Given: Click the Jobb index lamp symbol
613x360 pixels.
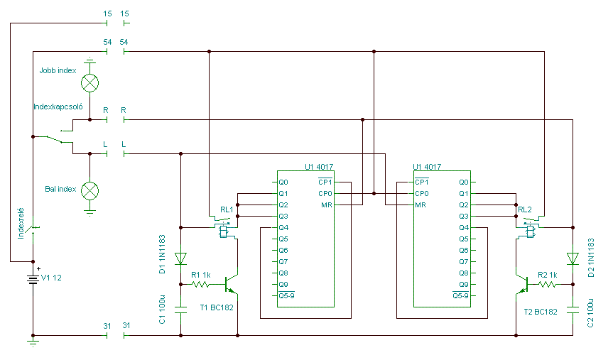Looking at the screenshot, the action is point(89,83).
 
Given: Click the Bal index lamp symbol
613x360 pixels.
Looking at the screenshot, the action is point(89,191).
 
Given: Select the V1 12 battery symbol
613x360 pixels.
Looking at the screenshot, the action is point(33,278).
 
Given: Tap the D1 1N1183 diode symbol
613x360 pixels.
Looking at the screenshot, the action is point(180,258).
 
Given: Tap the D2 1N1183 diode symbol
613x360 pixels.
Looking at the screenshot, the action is point(573,258).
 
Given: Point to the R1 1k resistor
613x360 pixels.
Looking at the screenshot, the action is point(200,285).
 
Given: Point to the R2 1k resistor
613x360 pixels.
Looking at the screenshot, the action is point(548,285).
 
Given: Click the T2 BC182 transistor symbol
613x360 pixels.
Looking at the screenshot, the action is point(522,284).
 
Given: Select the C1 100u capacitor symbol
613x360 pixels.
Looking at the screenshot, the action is point(180,310).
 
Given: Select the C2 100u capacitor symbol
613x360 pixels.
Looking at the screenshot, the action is point(573,310).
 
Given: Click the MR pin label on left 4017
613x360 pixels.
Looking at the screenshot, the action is point(327,204).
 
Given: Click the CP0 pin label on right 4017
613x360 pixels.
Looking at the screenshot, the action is point(422,193).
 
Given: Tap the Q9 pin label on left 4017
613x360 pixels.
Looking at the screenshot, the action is point(283,285).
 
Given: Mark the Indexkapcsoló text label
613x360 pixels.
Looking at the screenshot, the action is point(58,107).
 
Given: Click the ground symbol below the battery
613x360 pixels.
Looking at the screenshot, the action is point(33,343).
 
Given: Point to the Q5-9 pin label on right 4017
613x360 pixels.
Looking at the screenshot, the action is point(460,295).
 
